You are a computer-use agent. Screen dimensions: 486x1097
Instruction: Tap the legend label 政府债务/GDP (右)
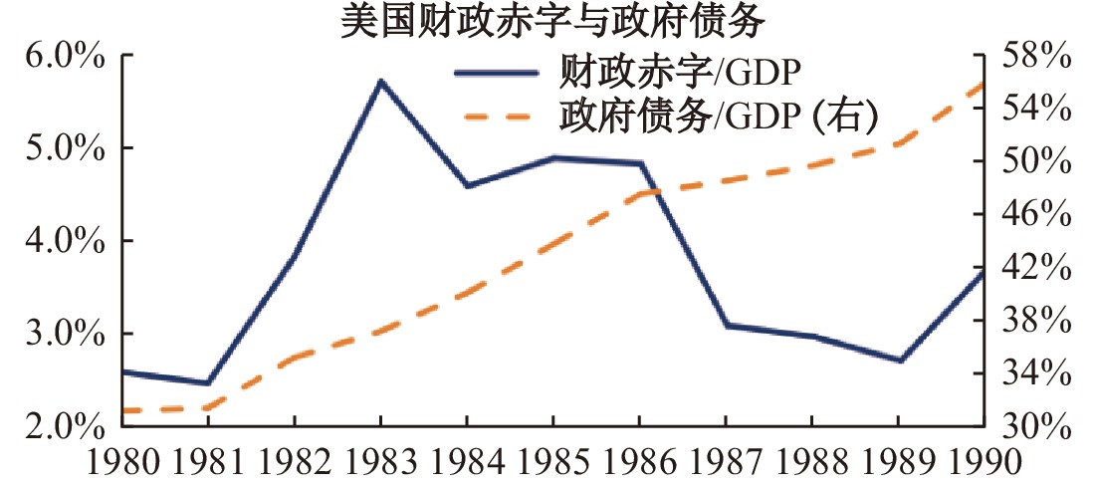pyautogui.click(x=717, y=117)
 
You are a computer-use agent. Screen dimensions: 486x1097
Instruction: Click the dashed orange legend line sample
pyautogui.click(x=502, y=118)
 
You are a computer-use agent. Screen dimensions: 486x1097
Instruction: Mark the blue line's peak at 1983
pyautogui.click(x=380, y=82)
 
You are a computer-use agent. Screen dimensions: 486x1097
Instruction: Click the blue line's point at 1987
pyautogui.click(x=727, y=326)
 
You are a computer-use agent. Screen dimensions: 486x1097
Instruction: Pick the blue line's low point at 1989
pyautogui.click(x=900, y=361)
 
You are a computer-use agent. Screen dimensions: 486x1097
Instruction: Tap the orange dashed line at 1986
pyautogui.click(x=640, y=193)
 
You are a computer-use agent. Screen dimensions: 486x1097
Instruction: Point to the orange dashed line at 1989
pyautogui.click(x=900, y=143)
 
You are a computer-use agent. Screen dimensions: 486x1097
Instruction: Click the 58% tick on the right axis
pyautogui.click(x=1038, y=56)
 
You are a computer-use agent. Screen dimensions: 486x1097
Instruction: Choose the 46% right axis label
pyautogui.click(x=1038, y=215)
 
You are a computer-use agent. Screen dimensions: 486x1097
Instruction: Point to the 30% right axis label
pyautogui.click(x=1038, y=426)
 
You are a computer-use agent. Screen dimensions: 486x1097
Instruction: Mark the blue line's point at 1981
pyautogui.click(x=207, y=383)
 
